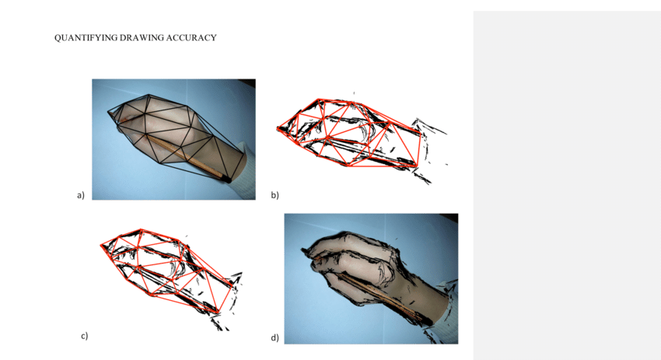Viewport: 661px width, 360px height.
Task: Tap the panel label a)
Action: [81, 195]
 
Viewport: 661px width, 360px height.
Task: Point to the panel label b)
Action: [275, 195]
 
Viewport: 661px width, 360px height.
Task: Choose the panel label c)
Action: [84, 336]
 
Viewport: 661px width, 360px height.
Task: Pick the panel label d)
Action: [275, 337]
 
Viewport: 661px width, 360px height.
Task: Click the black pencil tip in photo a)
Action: [226, 180]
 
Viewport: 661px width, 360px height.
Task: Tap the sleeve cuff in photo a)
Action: [244, 169]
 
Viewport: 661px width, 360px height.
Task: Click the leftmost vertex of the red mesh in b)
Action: [278, 128]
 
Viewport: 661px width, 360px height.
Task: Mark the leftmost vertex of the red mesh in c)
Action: [101, 245]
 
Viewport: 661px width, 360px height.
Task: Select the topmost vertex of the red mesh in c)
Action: [141, 229]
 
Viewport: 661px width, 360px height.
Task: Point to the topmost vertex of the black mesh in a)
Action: [149, 95]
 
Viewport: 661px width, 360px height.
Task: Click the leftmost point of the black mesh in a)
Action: [108, 111]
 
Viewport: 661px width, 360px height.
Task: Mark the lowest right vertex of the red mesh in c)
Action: [219, 313]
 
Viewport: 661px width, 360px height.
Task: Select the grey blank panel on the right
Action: [567, 186]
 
